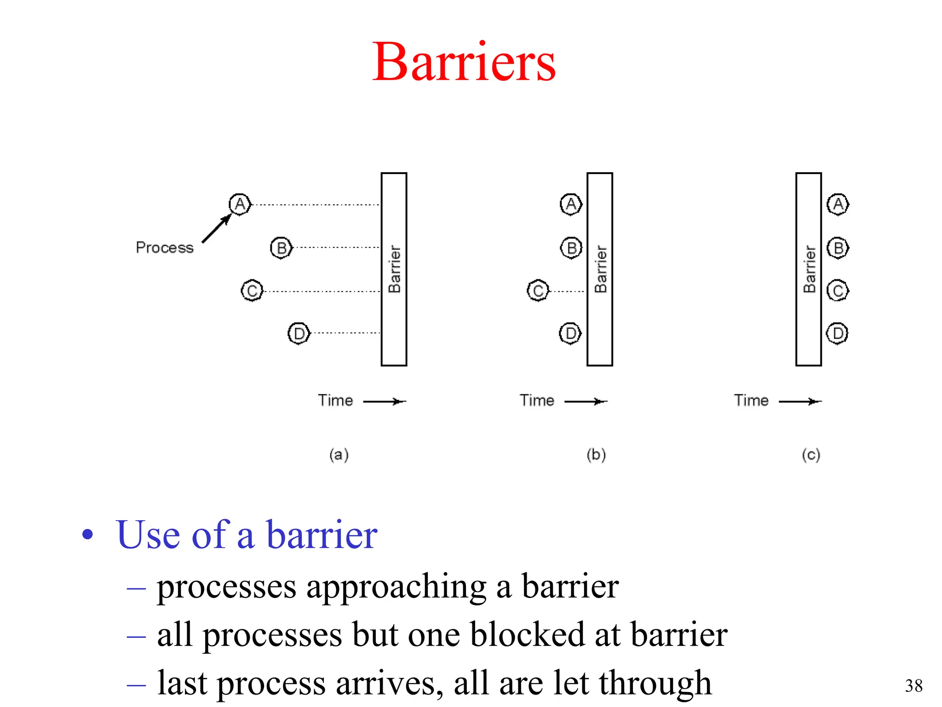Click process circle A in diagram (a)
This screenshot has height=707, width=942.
tap(240, 204)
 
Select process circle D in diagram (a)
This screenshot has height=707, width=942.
tap(299, 333)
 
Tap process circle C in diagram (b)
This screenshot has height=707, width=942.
tap(538, 290)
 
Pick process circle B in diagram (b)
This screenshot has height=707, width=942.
tap(571, 248)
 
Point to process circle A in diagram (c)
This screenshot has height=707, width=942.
tap(838, 204)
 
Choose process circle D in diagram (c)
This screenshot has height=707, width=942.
tap(837, 333)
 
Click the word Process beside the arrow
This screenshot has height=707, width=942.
tap(165, 248)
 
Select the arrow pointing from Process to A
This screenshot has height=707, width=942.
tap(216, 228)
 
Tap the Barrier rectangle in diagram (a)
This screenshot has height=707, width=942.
tap(394, 269)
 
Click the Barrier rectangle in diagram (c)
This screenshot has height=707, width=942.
tap(809, 269)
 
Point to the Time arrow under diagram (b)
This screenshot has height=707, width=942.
tap(586, 401)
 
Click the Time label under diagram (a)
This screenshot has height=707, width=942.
tap(335, 400)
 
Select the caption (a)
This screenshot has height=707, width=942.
tap(339, 455)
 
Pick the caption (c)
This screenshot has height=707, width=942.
tap(811, 455)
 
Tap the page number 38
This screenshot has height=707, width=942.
tap(913, 686)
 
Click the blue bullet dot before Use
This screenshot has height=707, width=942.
tap(87, 535)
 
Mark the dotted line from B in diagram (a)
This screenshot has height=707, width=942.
tap(338, 248)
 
